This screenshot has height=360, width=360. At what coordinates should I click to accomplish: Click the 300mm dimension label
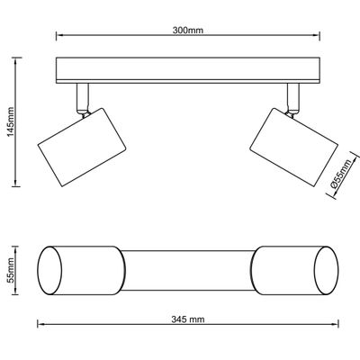coord(188,31)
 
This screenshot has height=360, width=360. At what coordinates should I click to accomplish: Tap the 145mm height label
coord(11,121)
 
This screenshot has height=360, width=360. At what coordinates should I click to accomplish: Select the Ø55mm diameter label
coord(341,174)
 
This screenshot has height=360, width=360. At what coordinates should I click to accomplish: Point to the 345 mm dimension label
coord(188,319)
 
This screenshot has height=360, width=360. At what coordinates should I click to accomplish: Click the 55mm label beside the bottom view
coord(11,270)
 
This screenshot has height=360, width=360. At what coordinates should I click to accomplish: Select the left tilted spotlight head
coord(82,148)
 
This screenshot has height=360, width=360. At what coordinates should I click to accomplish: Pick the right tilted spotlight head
coord(294,148)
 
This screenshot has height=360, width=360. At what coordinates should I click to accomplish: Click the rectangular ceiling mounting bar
coord(188,70)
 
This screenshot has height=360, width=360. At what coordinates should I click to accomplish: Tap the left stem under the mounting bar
coord(83,96)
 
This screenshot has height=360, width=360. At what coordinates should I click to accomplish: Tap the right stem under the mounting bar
coord(293,96)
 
